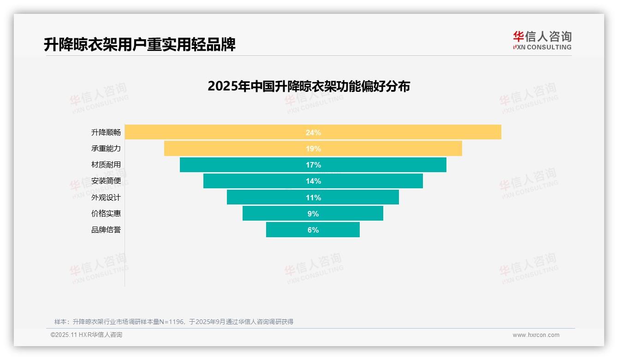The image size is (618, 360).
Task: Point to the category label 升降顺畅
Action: [x=106, y=132]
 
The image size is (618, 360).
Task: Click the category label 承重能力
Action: [x=106, y=149]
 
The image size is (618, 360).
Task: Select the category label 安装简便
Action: [x=106, y=181]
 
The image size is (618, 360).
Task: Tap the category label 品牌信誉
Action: [x=106, y=230]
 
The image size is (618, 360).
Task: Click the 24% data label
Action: [x=313, y=132]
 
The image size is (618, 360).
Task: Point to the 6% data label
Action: [x=313, y=230]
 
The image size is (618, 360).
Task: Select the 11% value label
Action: [x=313, y=198]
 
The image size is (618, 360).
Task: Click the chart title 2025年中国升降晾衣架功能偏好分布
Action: [x=309, y=86]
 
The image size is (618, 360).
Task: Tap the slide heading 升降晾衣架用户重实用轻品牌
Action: [x=139, y=44]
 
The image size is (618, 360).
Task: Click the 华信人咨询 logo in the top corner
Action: [x=542, y=40]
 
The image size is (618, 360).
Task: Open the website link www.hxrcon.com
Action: [x=536, y=335]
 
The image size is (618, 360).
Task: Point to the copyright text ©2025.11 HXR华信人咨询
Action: [x=86, y=335]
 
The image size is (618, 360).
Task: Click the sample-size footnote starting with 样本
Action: [x=173, y=322]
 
